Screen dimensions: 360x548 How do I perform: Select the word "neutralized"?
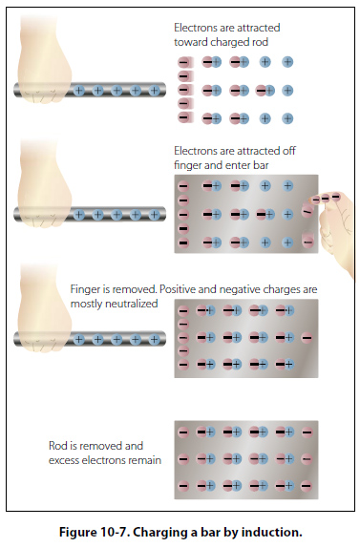click(x=137, y=304)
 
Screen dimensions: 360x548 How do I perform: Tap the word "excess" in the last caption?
click(x=61, y=460)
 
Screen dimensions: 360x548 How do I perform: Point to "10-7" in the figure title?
click(x=115, y=533)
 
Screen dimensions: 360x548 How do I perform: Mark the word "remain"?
click(x=147, y=460)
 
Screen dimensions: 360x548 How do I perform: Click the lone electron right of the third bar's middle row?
click(x=307, y=338)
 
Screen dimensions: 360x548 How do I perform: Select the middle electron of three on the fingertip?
click(x=326, y=199)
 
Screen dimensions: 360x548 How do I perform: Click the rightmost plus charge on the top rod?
click(x=154, y=91)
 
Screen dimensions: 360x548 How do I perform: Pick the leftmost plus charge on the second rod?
click(x=79, y=214)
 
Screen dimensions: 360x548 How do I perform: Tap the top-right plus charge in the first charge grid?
click(x=287, y=62)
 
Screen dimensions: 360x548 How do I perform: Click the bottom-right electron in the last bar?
click(x=307, y=485)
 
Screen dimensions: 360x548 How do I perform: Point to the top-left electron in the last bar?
click(x=183, y=432)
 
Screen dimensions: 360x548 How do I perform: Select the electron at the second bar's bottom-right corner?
click(x=307, y=242)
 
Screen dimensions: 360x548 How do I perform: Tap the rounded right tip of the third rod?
click(x=163, y=339)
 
